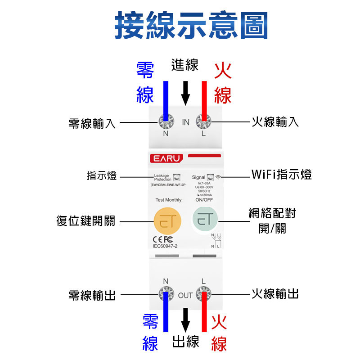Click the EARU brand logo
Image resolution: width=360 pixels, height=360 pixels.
click(x=166, y=159)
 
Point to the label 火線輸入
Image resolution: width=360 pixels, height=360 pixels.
click(x=275, y=122)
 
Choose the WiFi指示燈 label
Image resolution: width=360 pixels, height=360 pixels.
click(x=281, y=175)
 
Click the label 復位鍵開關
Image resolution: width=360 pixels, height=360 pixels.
click(x=85, y=221)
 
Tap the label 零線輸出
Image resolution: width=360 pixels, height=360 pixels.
click(x=92, y=295)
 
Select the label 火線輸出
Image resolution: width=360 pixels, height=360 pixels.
click(x=275, y=294)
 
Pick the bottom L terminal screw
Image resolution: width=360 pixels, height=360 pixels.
click(x=204, y=294)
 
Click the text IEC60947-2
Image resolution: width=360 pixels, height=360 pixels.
click(x=166, y=246)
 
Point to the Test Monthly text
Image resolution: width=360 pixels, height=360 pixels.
click(x=168, y=200)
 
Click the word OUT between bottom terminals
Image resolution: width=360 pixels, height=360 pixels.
click(x=185, y=296)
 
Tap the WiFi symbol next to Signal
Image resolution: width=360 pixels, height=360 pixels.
click(x=218, y=177)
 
